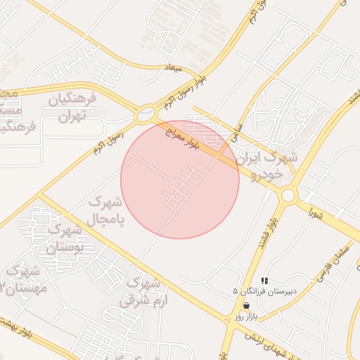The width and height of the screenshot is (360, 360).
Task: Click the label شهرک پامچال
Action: [x=105, y=210]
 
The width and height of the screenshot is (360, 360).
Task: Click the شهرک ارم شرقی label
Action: [x=140, y=292]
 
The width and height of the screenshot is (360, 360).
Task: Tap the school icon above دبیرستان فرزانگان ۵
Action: [x=264, y=281]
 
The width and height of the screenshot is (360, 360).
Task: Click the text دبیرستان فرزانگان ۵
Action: [x=265, y=290]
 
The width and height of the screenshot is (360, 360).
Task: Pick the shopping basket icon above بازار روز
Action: [x=246, y=305]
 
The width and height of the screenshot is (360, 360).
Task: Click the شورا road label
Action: [x=314, y=212]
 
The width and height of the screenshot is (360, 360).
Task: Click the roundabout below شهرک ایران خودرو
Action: [x=287, y=194]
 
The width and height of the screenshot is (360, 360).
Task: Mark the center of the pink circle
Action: [x=180, y=179]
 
